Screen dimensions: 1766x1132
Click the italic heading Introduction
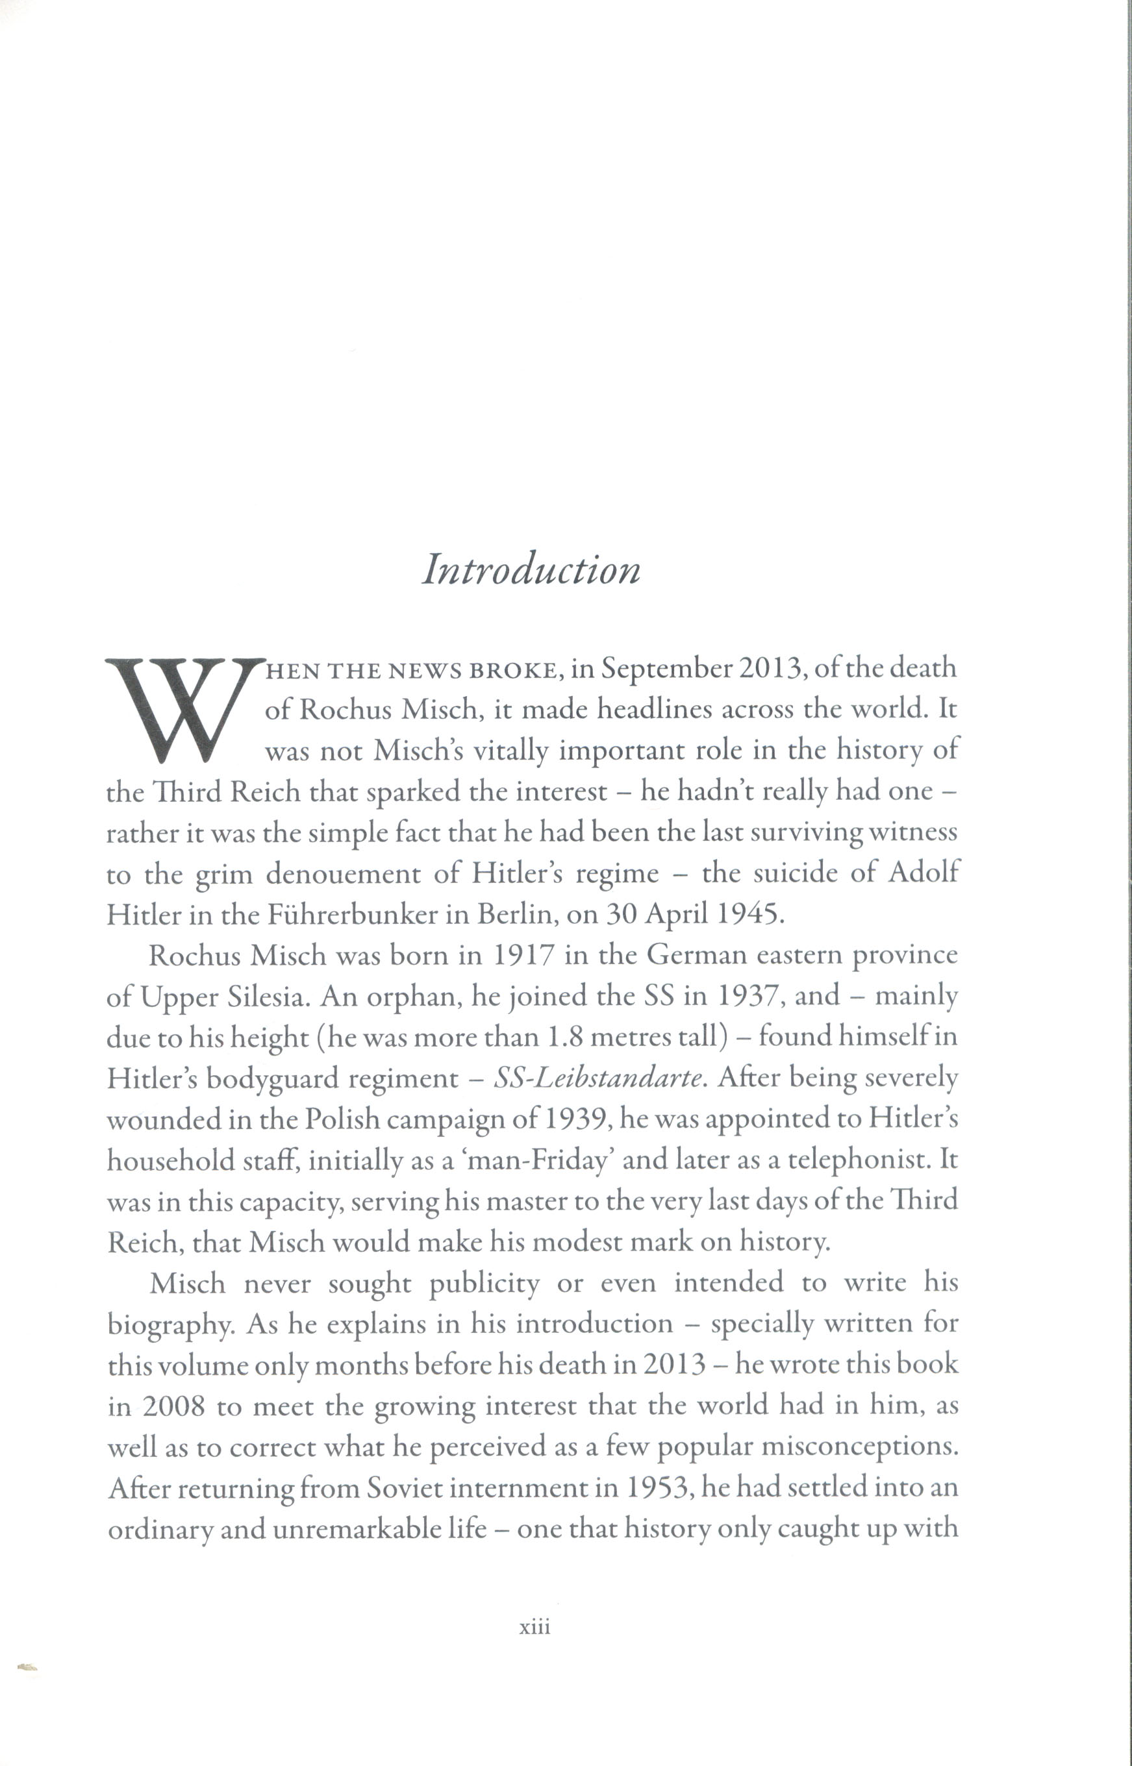click(x=531, y=569)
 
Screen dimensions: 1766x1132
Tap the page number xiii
click(x=535, y=1627)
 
